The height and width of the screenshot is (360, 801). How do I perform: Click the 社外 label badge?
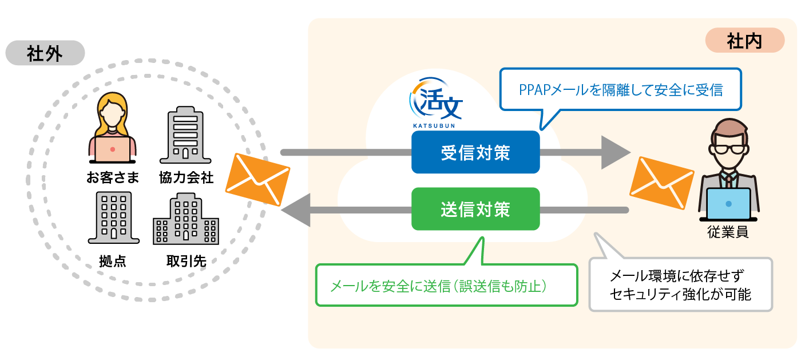point(45,54)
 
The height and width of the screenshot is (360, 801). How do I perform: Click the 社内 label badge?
point(744,41)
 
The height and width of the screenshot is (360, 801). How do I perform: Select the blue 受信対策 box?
point(475,153)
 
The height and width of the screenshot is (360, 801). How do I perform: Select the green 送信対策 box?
point(475,209)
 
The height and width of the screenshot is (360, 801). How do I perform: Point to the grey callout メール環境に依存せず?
point(680,284)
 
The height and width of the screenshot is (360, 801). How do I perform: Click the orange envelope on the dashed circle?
point(257,179)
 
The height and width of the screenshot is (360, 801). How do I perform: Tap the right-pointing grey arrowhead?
point(615,153)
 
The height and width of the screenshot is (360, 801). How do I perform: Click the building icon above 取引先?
point(185,219)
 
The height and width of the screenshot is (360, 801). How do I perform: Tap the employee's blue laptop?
point(728,204)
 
